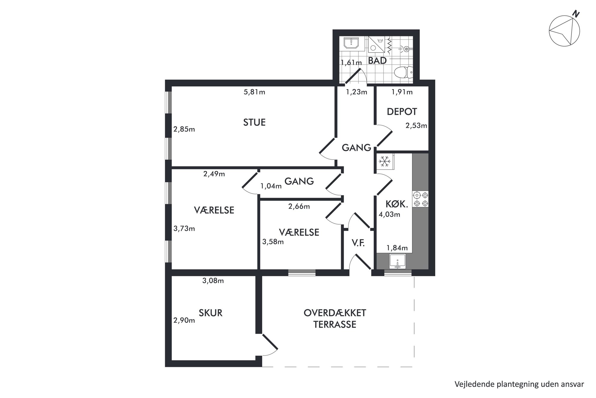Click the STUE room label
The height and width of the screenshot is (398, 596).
point(254,122)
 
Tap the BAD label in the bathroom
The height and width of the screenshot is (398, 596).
point(377,61)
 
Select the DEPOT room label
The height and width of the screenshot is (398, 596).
point(402,112)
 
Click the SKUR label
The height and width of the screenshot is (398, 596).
point(211,313)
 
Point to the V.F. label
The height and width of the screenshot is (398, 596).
point(358,243)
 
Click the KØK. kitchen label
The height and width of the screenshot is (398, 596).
point(397,204)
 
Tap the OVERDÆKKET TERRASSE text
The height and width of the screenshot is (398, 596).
point(335,319)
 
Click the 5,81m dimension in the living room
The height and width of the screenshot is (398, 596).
point(254,92)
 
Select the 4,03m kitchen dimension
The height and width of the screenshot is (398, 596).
point(389,214)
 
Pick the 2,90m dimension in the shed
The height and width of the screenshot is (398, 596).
point(184,320)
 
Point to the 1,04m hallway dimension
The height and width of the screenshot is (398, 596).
point(271,186)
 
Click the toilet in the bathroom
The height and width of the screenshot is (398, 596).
point(403,72)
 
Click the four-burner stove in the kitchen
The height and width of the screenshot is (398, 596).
point(421,199)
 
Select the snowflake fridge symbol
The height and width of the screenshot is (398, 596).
point(385,162)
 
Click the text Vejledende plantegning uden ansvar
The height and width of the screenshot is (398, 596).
point(519,384)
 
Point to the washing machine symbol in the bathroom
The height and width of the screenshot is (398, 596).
point(376,45)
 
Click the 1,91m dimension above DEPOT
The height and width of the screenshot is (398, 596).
point(402,92)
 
